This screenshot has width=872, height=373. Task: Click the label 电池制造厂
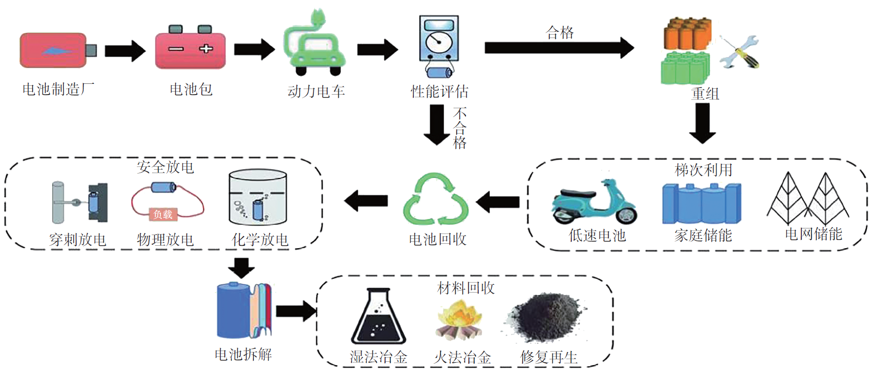[x=58, y=89]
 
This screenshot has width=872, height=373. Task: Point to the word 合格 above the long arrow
[x=560, y=33]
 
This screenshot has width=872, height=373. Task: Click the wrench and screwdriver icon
[x=739, y=52]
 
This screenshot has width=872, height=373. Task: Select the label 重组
[x=705, y=93]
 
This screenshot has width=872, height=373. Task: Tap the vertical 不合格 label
[x=460, y=128]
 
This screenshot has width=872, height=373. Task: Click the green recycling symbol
[x=436, y=200]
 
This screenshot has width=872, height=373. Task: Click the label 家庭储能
[x=703, y=236]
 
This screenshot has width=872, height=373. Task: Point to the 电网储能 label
[x=813, y=234]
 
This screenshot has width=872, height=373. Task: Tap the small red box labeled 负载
[x=163, y=214]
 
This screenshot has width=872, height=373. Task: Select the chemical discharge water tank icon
[x=258, y=197]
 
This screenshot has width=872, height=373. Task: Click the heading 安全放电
[x=165, y=167]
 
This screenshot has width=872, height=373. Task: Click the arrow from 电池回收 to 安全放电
[x=366, y=200]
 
